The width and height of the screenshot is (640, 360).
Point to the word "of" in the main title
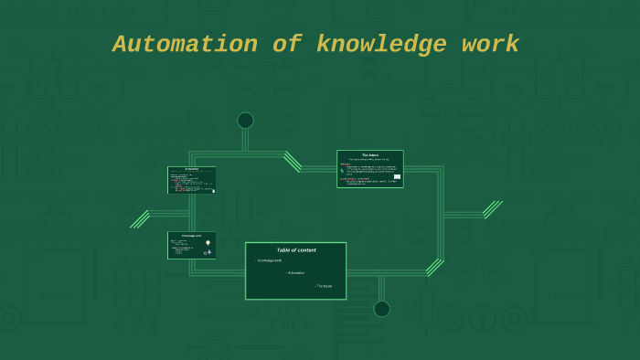[287, 44]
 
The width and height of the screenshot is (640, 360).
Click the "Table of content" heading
[295, 249]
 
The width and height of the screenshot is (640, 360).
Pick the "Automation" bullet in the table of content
[295, 273]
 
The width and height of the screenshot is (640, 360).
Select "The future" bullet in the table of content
[324, 286]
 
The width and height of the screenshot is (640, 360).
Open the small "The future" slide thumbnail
[369, 169]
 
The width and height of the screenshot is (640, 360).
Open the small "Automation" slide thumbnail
[192, 180]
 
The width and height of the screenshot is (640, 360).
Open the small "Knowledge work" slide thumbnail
[192, 245]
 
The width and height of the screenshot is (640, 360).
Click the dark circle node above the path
[245, 121]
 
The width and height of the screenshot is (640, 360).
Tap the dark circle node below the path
[382, 309]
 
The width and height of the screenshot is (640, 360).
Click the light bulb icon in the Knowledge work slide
[208, 243]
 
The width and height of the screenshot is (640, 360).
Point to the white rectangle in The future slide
[397, 176]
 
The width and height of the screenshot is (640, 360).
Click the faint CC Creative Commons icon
[449, 319]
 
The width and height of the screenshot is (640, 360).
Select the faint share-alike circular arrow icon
[515, 319]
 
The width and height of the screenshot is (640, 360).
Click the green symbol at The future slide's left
[342, 171]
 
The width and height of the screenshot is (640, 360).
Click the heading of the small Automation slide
[192, 169]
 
